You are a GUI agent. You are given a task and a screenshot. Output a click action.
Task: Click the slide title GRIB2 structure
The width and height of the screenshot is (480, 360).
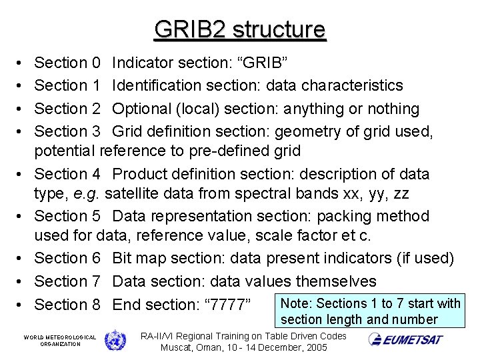(x=240, y=29)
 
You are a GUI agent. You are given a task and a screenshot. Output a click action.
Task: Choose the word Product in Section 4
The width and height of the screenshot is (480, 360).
(x=139, y=174)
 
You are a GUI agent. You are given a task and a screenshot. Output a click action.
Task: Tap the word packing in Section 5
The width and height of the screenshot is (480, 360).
(x=346, y=216)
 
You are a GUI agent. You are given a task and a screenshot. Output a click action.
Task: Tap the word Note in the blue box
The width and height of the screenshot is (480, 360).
(x=295, y=304)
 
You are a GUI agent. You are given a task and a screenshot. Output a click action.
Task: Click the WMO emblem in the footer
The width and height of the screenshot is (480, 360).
(x=115, y=340)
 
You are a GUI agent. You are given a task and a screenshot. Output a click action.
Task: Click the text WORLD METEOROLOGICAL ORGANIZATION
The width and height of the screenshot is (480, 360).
(x=60, y=341)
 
